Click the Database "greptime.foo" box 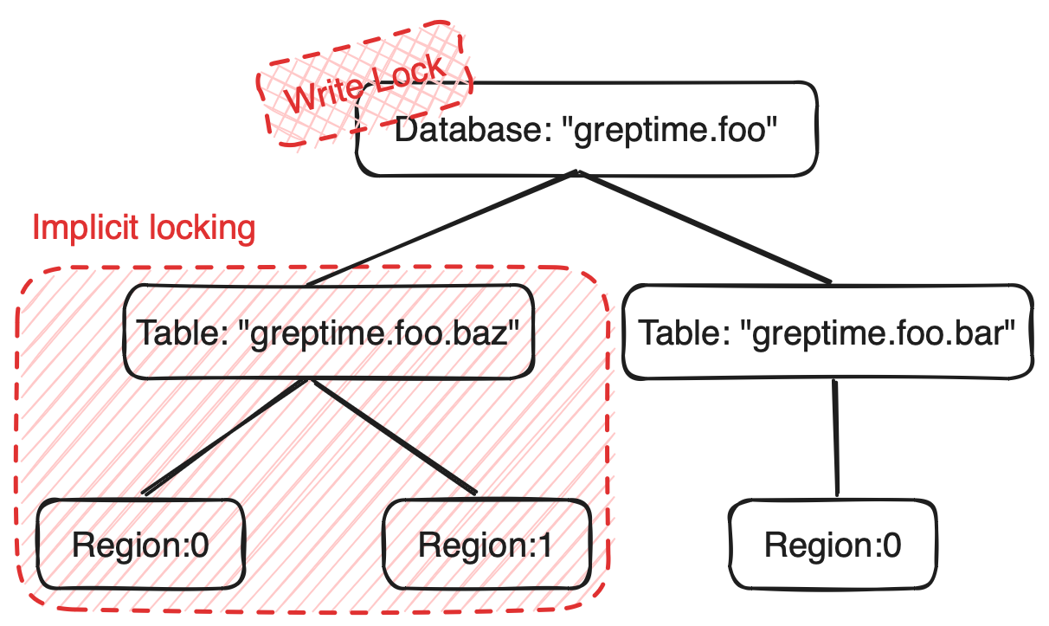click(x=587, y=130)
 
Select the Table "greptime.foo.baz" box click(x=329, y=333)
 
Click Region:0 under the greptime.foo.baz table click(x=141, y=545)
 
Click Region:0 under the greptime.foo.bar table click(x=833, y=545)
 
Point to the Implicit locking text click(x=144, y=228)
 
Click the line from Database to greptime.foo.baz click(x=441, y=229)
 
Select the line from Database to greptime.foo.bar click(x=705, y=228)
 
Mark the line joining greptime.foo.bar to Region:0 click(x=836, y=437)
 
